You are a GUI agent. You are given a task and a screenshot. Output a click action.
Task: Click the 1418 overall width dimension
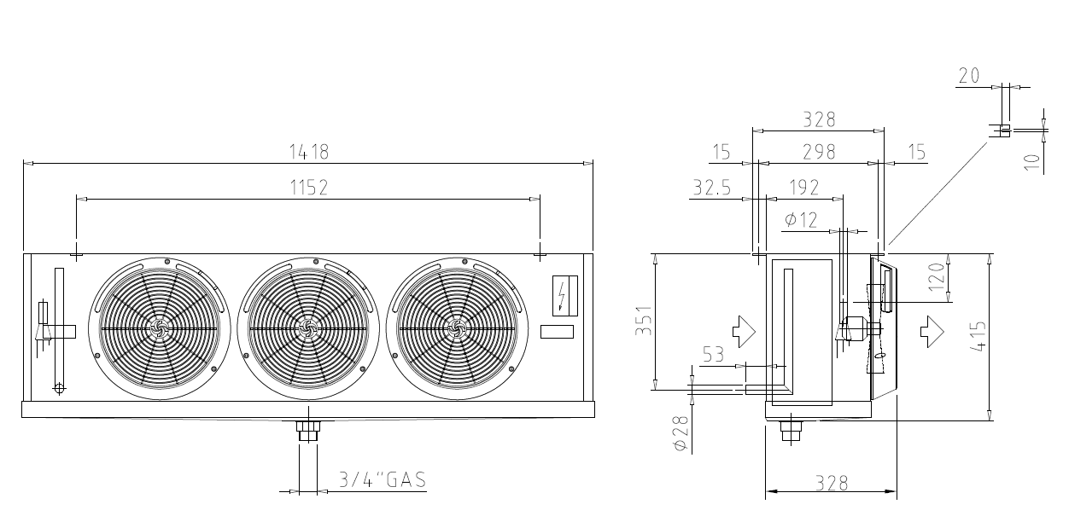click(x=309, y=152)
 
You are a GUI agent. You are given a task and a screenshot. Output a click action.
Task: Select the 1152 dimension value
click(x=309, y=188)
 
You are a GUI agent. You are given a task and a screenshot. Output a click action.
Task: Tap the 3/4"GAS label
click(x=383, y=480)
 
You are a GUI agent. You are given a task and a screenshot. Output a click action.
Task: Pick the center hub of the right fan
click(x=457, y=328)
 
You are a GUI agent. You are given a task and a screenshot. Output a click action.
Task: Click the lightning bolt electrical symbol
click(x=562, y=296)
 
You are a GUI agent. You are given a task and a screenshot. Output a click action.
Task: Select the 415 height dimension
click(x=978, y=337)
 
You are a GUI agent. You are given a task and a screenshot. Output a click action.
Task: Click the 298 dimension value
click(x=819, y=152)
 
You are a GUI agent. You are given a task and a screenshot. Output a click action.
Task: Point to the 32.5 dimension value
click(x=711, y=188)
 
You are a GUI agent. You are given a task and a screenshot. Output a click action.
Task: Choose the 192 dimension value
click(x=804, y=188)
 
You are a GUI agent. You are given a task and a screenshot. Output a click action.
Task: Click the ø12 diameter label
click(x=801, y=220)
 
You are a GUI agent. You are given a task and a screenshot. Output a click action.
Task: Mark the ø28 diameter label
click(x=681, y=433)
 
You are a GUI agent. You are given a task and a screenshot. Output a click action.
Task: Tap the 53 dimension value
click(x=713, y=355)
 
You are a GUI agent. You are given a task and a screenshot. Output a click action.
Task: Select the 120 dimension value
click(x=937, y=277)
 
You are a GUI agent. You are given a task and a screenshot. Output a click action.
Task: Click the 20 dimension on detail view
click(x=969, y=75)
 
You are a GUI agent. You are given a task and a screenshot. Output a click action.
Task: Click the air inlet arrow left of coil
click(x=744, y=331)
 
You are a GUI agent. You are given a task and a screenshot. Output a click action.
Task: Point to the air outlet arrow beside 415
click(x=932, y=331)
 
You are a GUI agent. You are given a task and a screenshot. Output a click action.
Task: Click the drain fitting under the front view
click(x=308, y=431)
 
